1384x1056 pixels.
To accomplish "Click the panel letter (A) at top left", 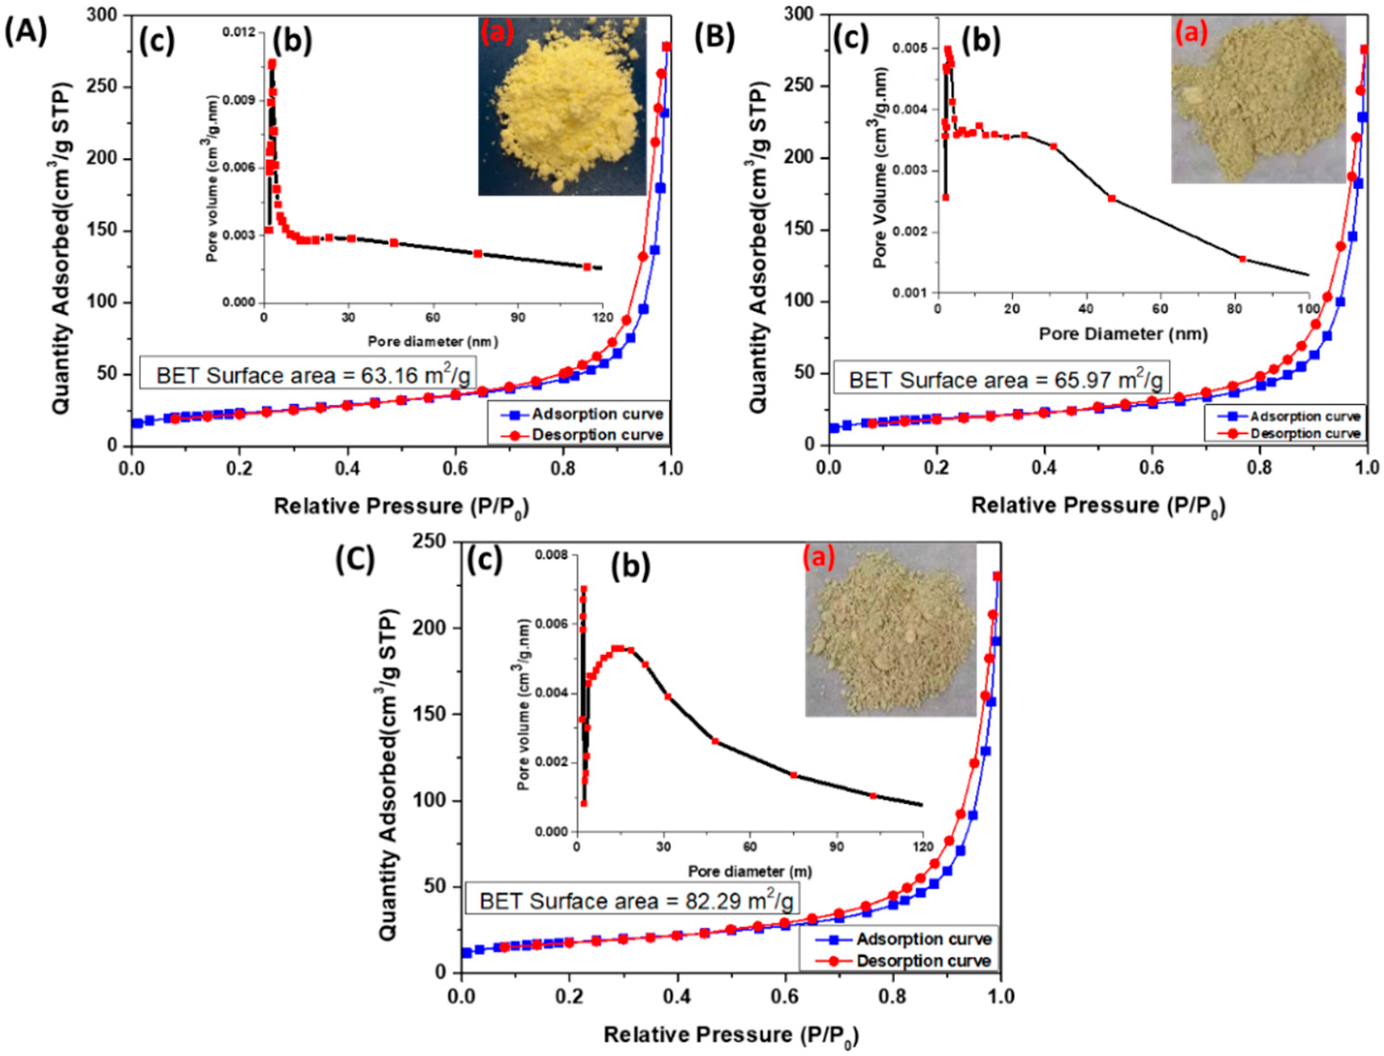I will [25, 33].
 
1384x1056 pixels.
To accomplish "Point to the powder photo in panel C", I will [891, 630].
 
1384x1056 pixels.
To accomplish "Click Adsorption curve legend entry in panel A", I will [597, 414].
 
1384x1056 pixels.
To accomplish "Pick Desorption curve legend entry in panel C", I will [923, 960].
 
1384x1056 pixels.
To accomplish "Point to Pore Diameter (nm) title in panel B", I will [1123, 334].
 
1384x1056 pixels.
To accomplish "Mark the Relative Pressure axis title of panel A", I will [401, 507].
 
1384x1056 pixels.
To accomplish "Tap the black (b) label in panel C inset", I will [631, 565].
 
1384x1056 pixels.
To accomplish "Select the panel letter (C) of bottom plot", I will [355, 559].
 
